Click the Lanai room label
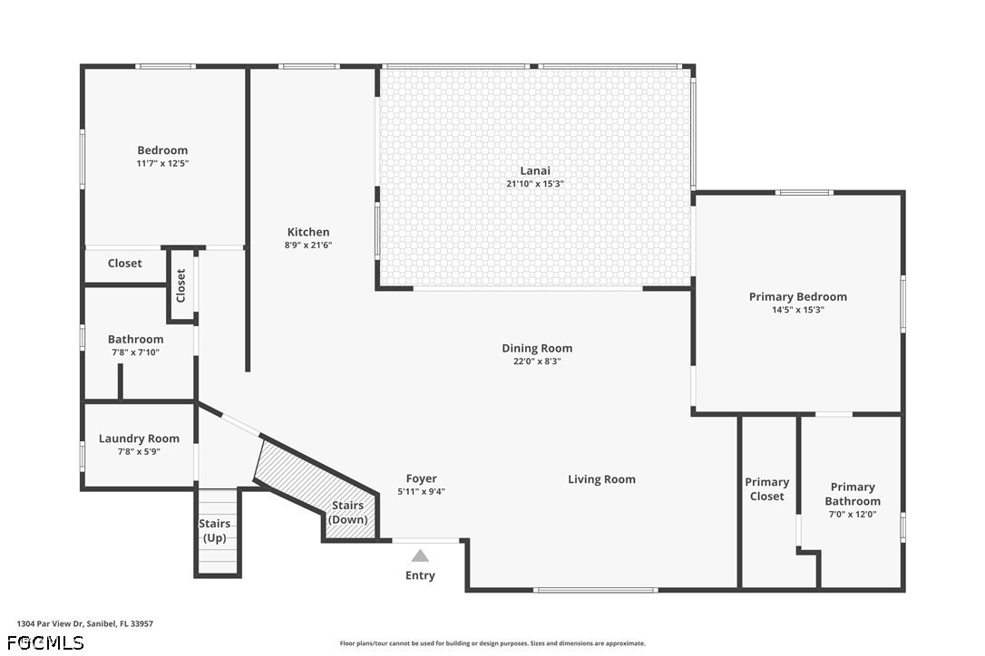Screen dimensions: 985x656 (x=535, y=170)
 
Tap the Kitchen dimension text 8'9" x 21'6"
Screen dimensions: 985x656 (x=307, y=246)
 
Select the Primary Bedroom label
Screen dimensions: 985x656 (x=798, y=296)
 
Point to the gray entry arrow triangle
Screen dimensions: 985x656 (x=420, y=555)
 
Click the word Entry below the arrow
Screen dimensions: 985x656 (x=420, y=575)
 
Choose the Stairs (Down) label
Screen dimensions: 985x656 (x=348, y=512)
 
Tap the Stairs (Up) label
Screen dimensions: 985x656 (x=215, y=530)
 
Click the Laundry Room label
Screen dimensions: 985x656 (x=139, y=439)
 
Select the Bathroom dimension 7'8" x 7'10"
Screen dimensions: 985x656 (x=136, y=352)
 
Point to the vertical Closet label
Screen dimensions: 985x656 (x=180, y=285)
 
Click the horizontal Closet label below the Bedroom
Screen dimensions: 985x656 (x=124, y=263)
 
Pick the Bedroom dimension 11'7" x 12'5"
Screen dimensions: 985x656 (x=162, y=164)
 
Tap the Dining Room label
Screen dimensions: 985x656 (x=537, y=349)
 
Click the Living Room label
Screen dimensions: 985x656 (x=602, y=479)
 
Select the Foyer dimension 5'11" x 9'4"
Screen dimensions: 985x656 (x=422, y=492)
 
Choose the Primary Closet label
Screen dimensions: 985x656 (x=767, y=489)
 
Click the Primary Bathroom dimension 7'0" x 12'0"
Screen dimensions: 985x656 (x=853, y=515)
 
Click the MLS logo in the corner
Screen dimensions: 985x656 (x=46, y=642)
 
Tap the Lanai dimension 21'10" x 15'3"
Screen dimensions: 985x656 (x=535, y=185)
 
